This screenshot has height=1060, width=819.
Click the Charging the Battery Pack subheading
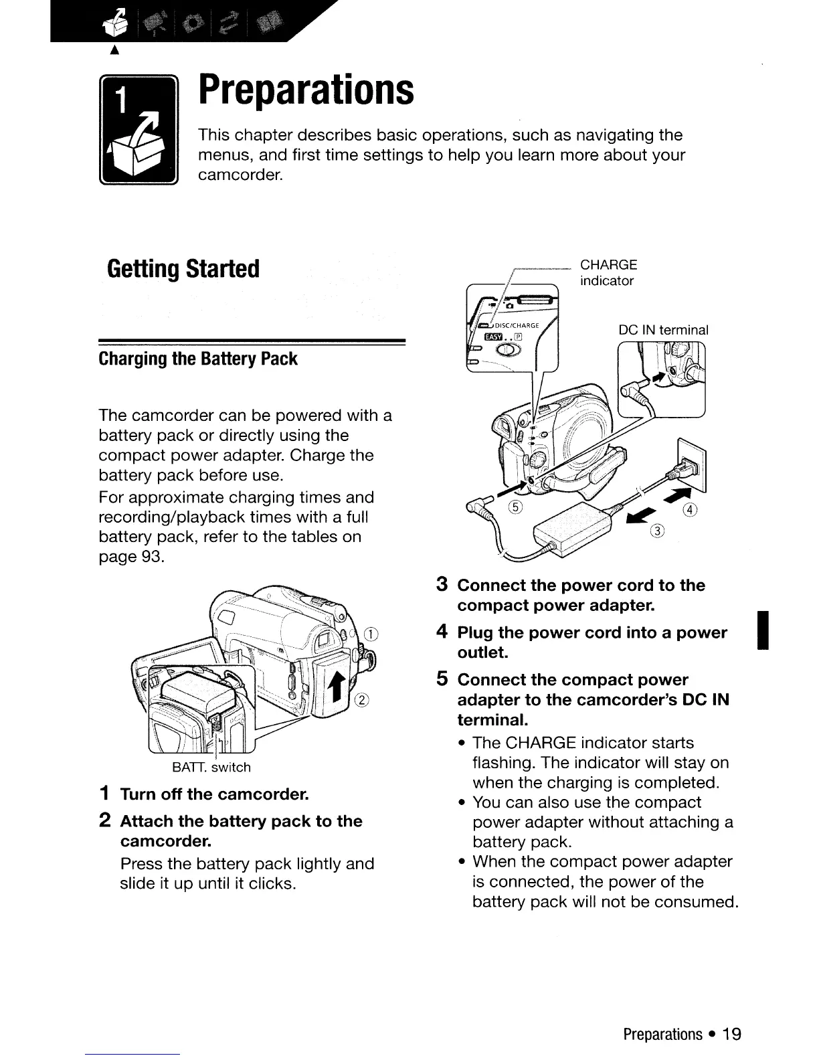(x=198, y=359)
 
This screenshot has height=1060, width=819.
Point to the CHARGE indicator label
(x=608, y=272)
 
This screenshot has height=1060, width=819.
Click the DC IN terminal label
(x=663, y=330)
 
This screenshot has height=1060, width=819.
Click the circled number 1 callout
(x=372, y=635)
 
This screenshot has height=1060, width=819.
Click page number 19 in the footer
(x=732, y=1034)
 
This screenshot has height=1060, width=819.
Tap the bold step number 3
(x=442, y=585)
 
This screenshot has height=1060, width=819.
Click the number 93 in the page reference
(x=151, y=557)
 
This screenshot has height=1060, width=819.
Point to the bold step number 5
(x=442, y=679)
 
